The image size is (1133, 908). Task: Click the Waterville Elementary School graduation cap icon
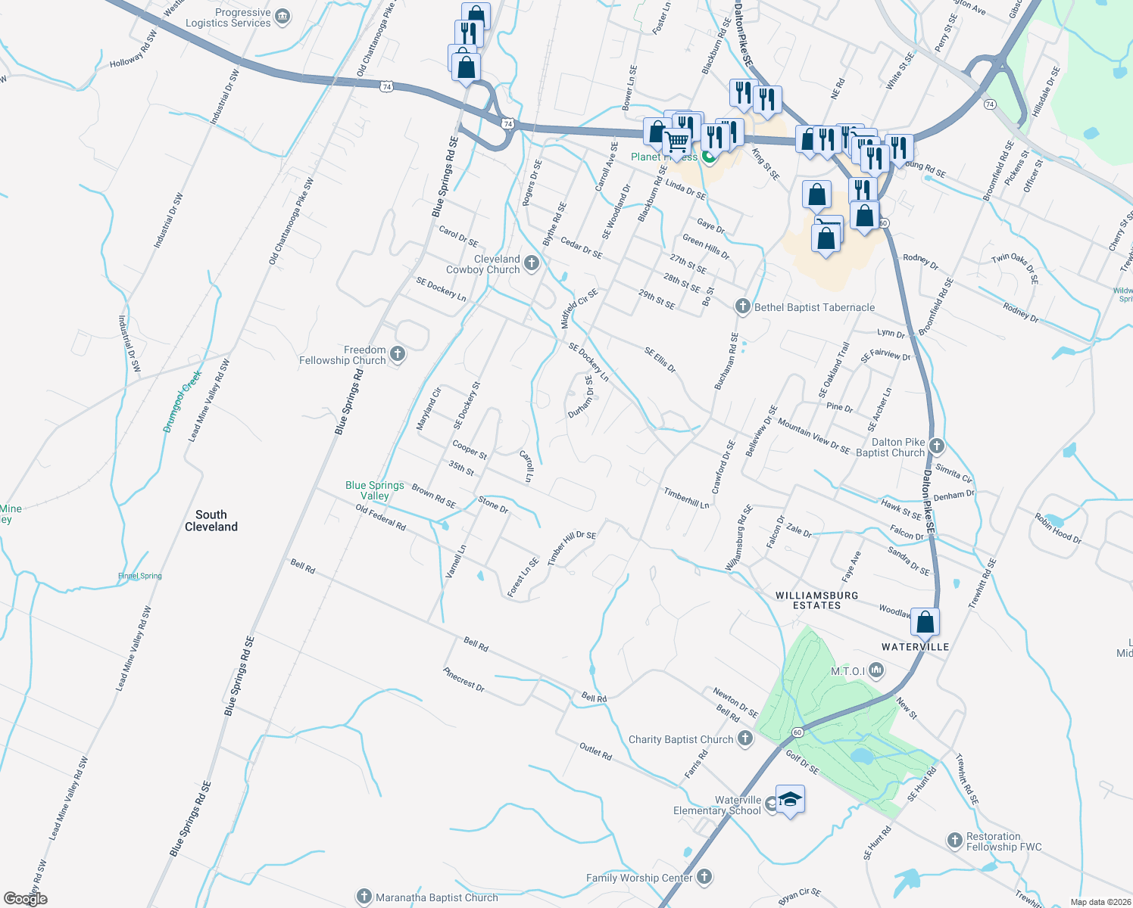[x=790, y=800]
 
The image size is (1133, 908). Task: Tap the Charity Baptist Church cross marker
[x=745, y=739]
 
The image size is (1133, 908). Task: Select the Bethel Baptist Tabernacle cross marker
[x=743, y=306]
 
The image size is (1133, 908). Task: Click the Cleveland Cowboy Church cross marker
[x=532, y=263]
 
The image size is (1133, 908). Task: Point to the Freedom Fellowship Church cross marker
[x=397, y=354]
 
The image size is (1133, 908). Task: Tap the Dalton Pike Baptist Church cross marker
[x=937, y=446]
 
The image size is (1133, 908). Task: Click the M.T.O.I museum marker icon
[x=876, y=670]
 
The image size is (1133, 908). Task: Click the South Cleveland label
[x=211, y=521]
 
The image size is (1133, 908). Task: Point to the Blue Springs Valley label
[x=375, y=490]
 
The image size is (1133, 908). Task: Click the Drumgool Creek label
[x=183, y=401]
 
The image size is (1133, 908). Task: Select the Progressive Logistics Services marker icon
[x=282, y=17]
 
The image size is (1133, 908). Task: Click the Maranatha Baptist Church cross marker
[x=364, y=897]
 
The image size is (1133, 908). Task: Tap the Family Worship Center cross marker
[x=704, y=877]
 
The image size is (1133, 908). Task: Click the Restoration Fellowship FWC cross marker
[x=954, y=840]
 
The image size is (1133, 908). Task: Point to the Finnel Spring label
[x=140, y=576]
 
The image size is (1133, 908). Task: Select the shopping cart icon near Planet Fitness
[x=677, y=141]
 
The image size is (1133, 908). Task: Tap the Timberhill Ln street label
[x=686, y=498]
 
